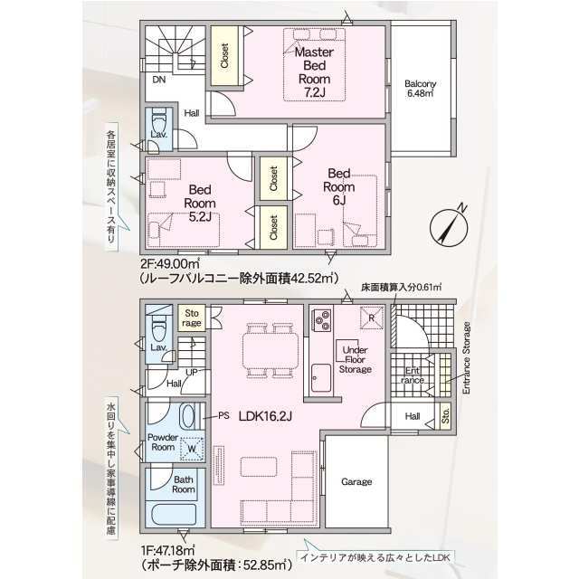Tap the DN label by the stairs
tap(158, 80)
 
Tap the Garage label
tap(356, 482)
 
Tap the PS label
tap(223, 417)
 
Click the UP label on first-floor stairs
tap(191, 372)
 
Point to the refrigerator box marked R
tap(371, 316)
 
